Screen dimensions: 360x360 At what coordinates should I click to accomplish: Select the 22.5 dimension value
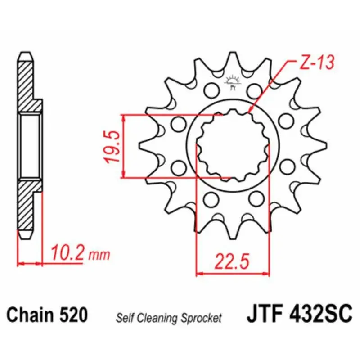pos(232,261)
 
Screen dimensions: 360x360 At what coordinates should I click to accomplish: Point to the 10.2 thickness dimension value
pos(67,253)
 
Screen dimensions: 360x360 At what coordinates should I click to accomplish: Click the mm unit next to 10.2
pos(99,255)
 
